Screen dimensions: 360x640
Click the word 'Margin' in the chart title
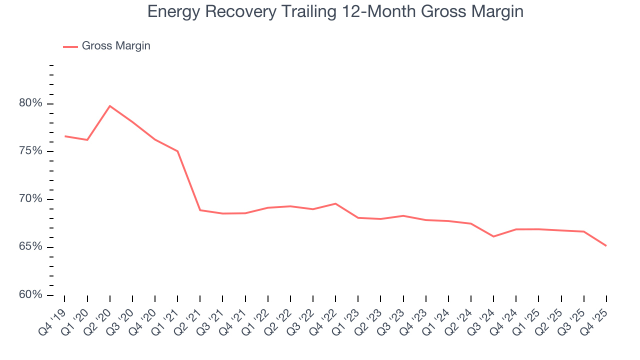pos(495,12)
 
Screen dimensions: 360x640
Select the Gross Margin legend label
pos(115,46)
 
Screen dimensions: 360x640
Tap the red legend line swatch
pos(70,46)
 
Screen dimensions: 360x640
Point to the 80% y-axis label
pos(30,103)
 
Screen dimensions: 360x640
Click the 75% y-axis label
pos(30,151)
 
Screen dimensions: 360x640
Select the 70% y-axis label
pos(30,199)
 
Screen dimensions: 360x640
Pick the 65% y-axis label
pos(30,247)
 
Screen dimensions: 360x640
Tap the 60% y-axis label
pos(30,295)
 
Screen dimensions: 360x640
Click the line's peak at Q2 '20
pos(110,106)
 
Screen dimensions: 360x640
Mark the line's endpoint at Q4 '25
pos(606,245)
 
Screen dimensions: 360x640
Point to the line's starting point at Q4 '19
pos(65,136)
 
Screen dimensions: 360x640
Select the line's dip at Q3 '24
pos(493,236)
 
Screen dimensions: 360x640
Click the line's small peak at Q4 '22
pos(335,203)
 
